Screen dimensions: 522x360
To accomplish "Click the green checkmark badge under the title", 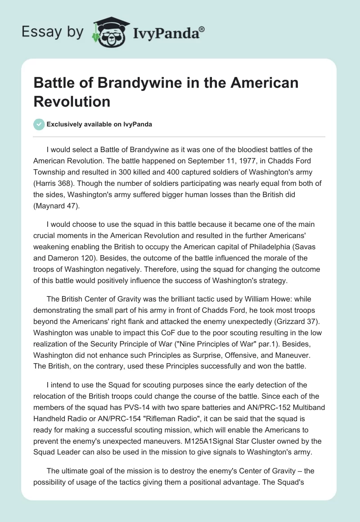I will click(x=39, y=124).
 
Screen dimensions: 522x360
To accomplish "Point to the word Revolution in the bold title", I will click(x=72, y=101).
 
